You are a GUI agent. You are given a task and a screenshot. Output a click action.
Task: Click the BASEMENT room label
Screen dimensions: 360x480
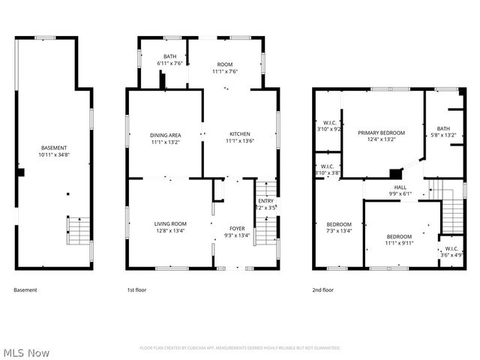pyautogui.click(x=53, y=148)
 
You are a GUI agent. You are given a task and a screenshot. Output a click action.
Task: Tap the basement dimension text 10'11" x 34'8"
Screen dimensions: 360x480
pyautogui.click(x=53, y=154)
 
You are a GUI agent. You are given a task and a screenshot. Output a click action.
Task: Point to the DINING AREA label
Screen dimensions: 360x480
pyautogui.click(x=164, y=135)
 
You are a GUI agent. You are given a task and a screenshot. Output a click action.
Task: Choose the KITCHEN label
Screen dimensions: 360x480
pyautogui.click(x=239, y=135)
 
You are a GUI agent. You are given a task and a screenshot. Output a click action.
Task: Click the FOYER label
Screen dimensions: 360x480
pyautogui.click(x=237, y=229)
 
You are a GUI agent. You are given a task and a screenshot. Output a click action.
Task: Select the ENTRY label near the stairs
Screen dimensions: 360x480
pyautogui.click(x=266, y=200)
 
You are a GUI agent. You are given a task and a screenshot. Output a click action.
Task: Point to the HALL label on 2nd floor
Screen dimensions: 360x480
pyautogui.click(x=400, y=187)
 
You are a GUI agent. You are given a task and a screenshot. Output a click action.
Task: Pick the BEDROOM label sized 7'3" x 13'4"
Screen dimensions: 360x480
pyautogui.click(x=339, y=224)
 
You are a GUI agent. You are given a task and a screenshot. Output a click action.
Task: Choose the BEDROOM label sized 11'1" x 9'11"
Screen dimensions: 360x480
pyautogui.click(x=399, y=236)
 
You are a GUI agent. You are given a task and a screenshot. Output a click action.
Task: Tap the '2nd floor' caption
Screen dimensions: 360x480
pyautogui.click(x=323, y=290)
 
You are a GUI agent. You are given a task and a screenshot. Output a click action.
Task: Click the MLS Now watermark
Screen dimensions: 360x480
pyautogui.click(x=25, y=352)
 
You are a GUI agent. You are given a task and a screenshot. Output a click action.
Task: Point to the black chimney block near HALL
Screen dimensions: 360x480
pyautogui.click(x=395, y=174)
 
